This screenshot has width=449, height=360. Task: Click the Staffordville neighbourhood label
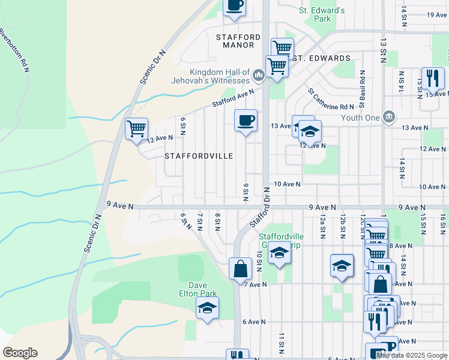(199, 156)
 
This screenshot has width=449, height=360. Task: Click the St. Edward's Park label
(322, 14)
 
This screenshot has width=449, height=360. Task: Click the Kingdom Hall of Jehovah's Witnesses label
(219, 76)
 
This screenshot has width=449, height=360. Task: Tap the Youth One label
(360, 118)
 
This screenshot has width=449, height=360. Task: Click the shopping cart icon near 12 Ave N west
(136, 128)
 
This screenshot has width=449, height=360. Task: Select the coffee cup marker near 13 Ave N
(246, 120)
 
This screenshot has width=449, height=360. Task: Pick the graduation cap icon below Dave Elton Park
(208, 308)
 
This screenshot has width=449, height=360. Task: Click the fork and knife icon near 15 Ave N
(432, 79)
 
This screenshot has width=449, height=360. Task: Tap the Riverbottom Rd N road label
(14, 50)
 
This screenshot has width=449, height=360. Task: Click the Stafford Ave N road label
(232, 99)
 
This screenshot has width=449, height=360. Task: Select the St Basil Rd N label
(363, 88)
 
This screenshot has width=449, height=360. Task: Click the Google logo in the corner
(20, 353)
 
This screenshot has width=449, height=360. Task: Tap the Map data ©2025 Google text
(412, 355)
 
